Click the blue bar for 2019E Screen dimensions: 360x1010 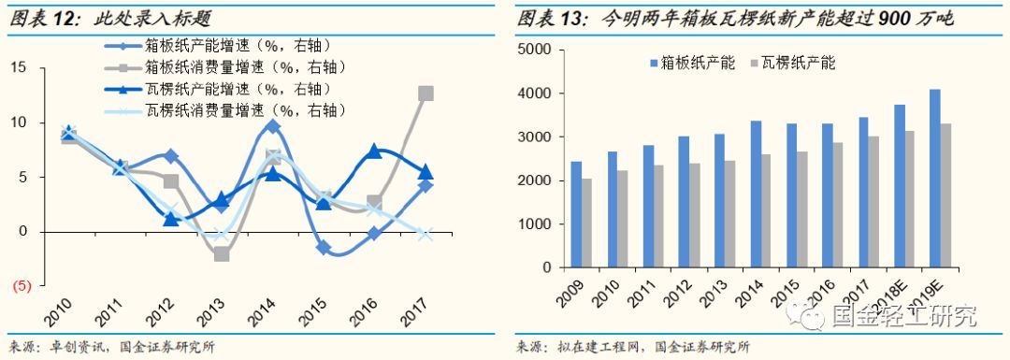pos(934,178)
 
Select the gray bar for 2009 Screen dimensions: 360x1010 pos(587,223)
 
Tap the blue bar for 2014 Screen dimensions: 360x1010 pos(756,194)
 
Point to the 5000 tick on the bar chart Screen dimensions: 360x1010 pos(535,50)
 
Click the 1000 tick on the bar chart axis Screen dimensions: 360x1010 pos(535,224)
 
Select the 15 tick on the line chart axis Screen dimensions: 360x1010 pos(21,67)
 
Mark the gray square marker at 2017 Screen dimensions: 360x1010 pos(426,93)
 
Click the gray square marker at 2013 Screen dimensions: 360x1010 pos(221,253)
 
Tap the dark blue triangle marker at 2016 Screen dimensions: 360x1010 pos(374,151)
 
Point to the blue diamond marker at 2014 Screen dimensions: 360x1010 pos(272,125)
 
